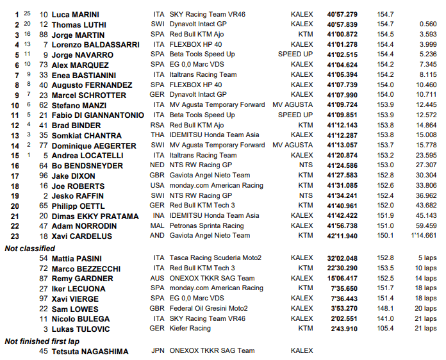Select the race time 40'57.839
[x=342, y=24]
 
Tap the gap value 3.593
[x=426, y=34]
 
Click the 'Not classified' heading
[x=29, y=247]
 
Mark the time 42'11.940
[x=342, y=236]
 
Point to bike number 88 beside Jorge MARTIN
[x=44, y=34]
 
